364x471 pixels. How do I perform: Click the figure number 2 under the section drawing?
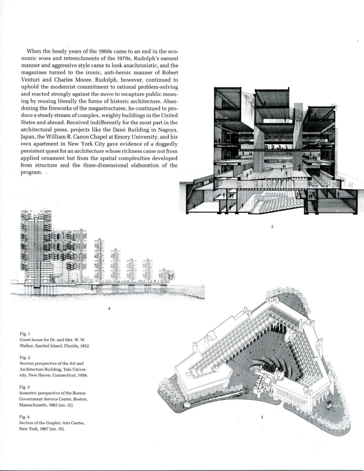coord(272,227)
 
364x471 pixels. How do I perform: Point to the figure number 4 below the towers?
coord(109,308)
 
